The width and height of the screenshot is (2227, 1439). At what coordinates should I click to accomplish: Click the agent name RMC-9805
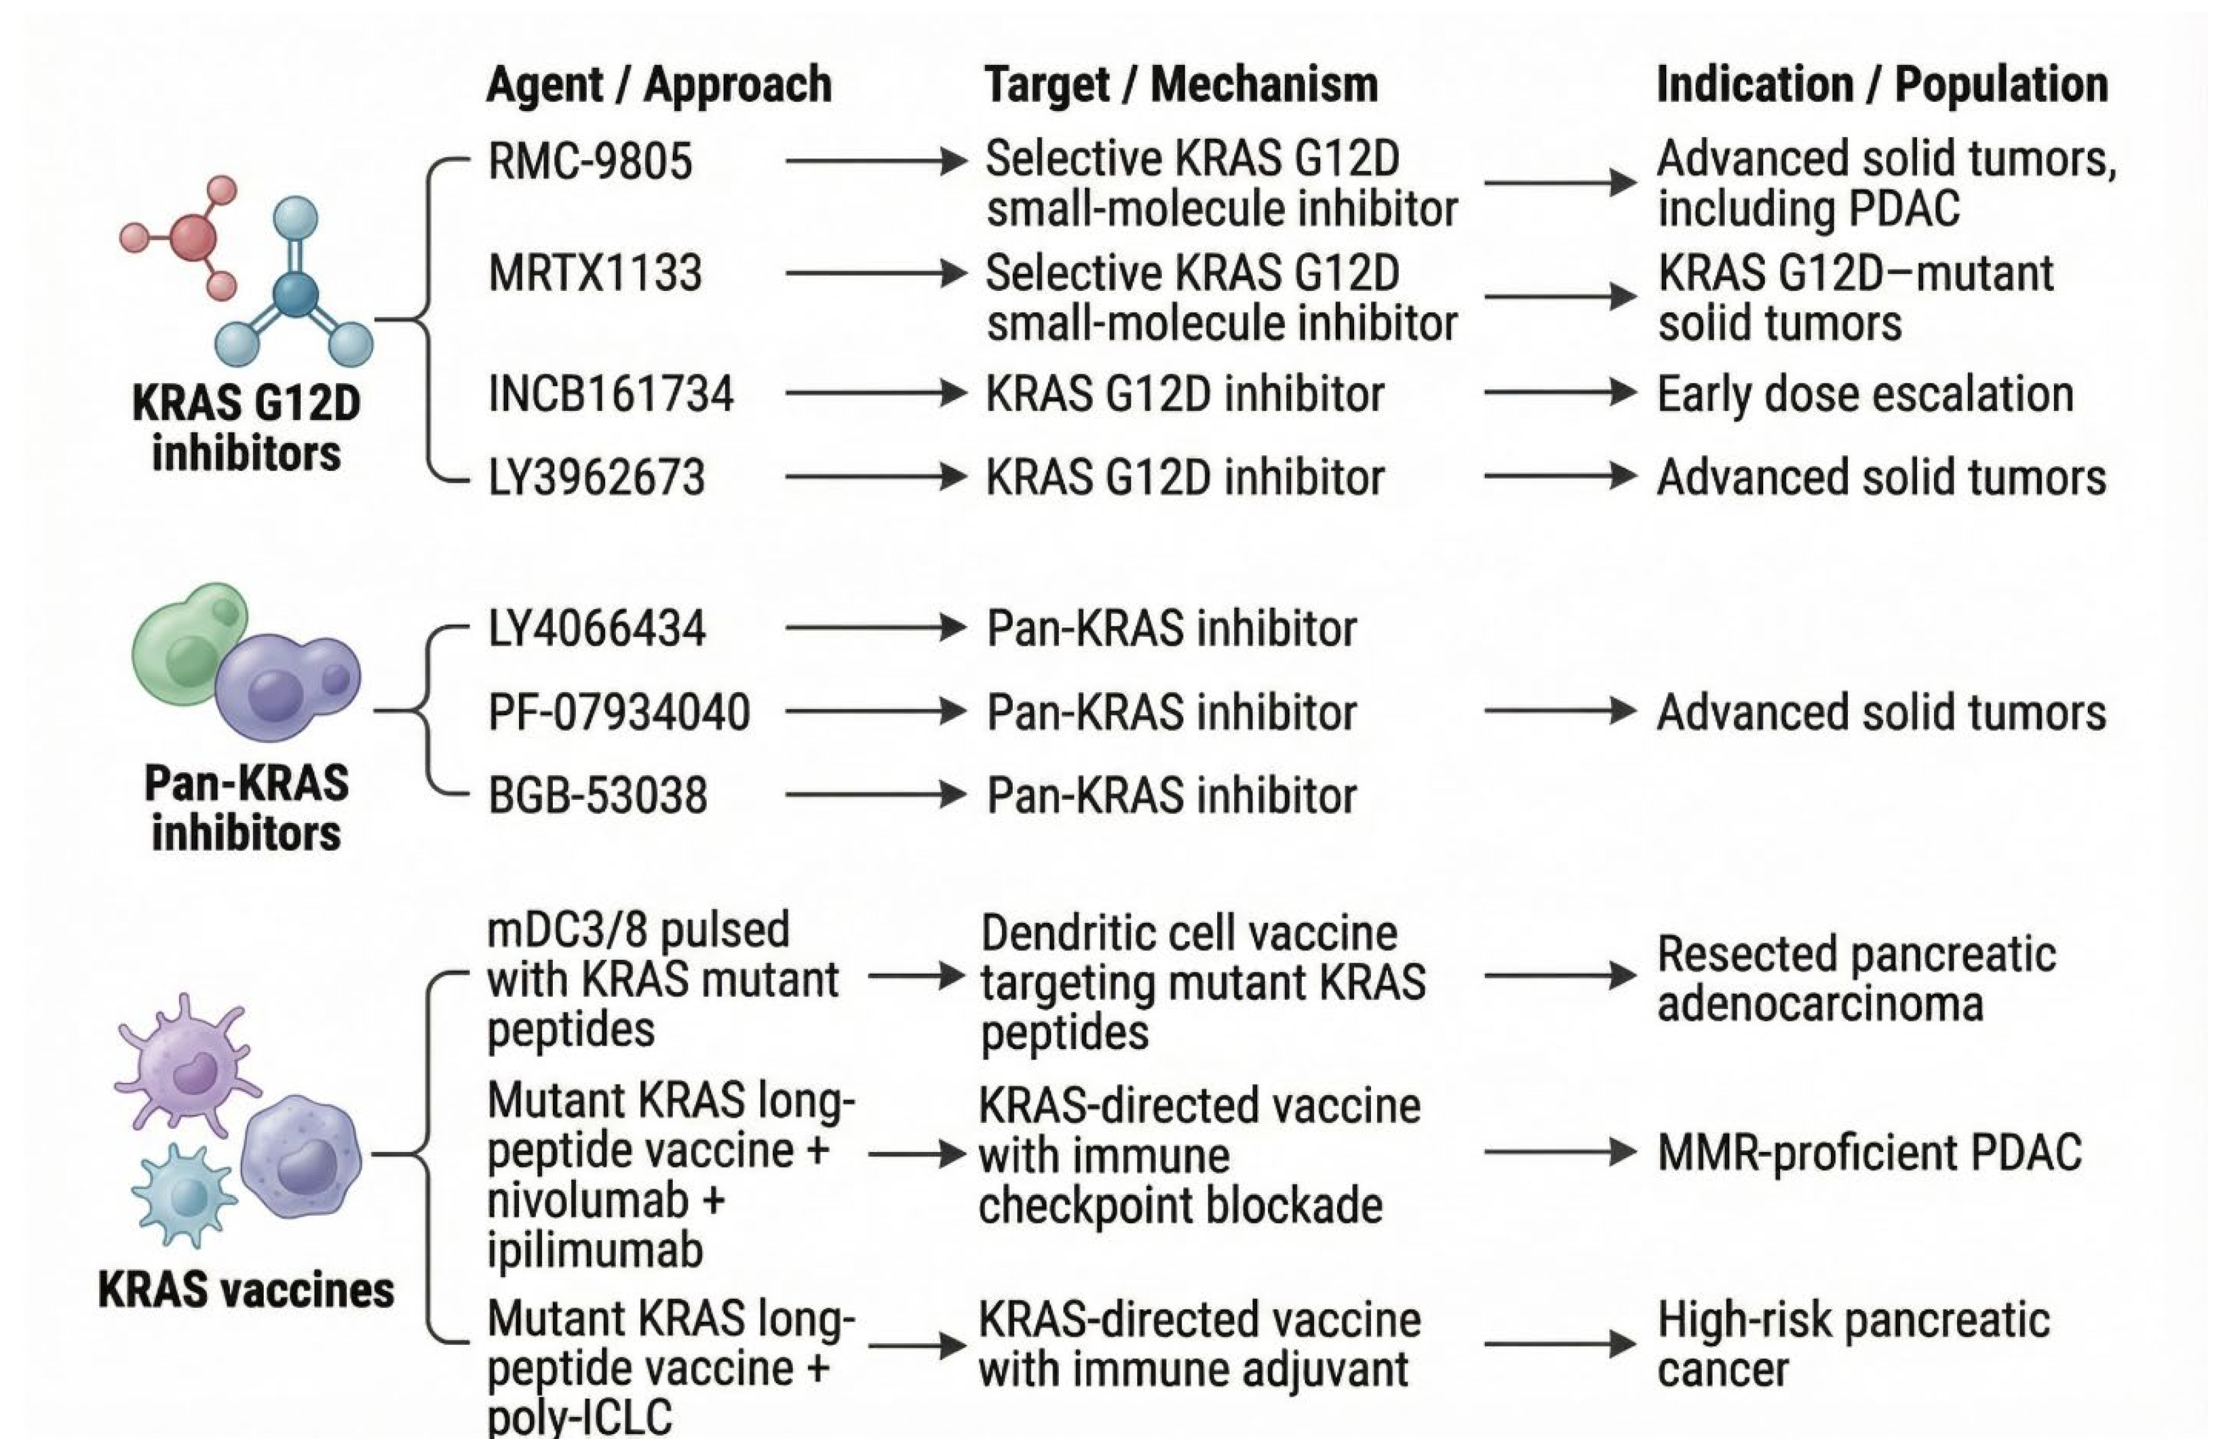(x=589, y=162)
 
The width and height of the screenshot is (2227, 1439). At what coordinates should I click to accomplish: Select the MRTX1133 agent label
(x=594, y=274)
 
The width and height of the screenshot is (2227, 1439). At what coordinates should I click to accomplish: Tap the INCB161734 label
(x=610, y=393)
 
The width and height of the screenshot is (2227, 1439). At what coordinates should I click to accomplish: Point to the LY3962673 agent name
(x=596, y=477)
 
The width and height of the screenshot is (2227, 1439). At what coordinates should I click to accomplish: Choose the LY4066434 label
(x=596, y=628)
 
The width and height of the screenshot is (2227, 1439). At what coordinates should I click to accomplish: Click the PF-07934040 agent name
(x=618, y=712)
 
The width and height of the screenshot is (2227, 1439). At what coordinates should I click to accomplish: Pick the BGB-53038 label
(x=597, y=796)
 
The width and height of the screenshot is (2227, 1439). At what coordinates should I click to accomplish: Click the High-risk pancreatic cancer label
(x=1853, y=1345)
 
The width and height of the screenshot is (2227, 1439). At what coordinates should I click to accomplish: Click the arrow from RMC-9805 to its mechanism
(x=875, y=162)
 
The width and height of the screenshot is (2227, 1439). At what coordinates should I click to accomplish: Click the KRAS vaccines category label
(x=246, y=1290)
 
